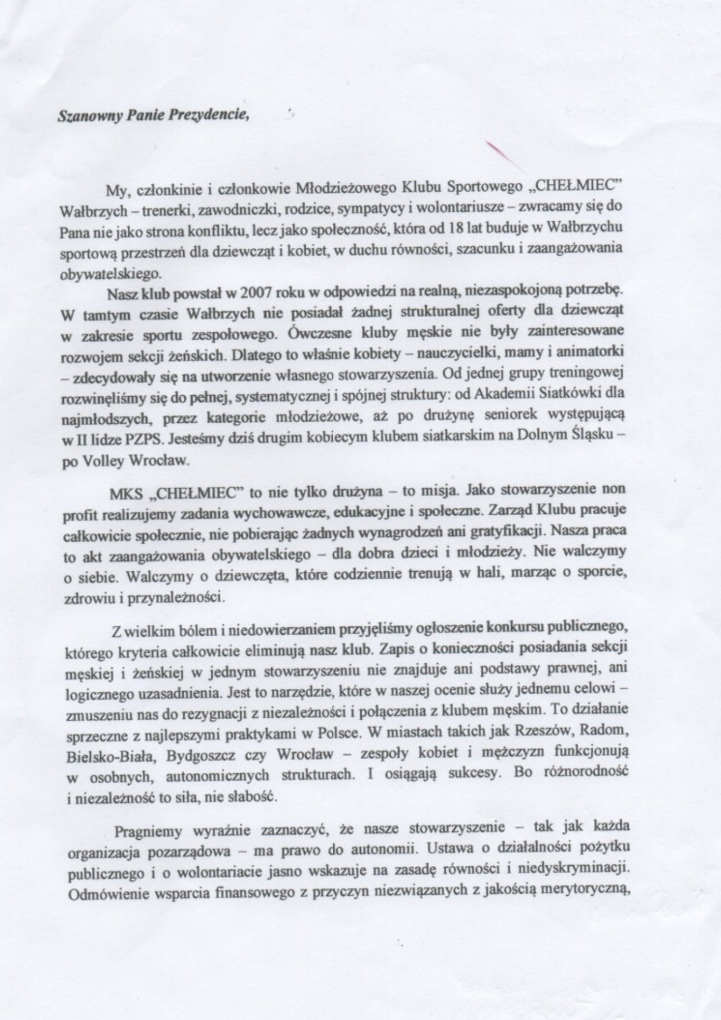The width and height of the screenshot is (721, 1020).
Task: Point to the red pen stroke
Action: point(500,153)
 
